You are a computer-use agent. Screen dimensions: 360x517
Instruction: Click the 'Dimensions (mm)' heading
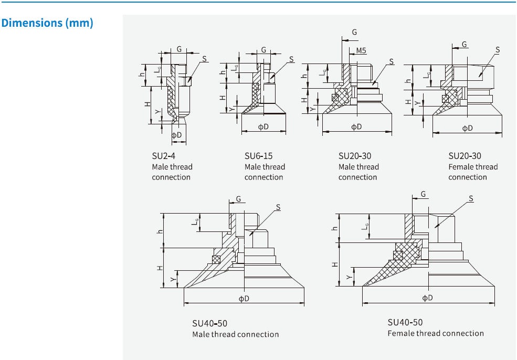(48, 23)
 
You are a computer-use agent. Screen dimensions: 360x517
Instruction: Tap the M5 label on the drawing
(361, 51)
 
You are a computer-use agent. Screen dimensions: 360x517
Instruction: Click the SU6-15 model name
(258, 156)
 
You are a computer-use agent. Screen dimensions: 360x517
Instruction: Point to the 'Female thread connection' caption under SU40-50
(436, 333)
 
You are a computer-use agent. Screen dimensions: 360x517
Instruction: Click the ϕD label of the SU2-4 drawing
(177, 135)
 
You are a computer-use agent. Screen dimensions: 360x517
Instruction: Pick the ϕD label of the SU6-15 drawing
(263, 127)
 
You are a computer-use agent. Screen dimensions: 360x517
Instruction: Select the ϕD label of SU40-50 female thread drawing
(428, 298)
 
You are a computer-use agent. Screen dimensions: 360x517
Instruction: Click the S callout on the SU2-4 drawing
(204, 58)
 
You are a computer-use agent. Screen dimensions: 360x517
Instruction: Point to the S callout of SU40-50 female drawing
(471, 198)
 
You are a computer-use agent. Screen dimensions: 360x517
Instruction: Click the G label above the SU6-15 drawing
(263, 50)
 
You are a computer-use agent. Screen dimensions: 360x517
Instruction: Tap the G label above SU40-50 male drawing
(238, 199)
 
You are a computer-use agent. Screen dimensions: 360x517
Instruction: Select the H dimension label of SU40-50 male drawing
(160, 268)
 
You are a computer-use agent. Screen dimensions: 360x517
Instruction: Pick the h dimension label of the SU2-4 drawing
(141, 75)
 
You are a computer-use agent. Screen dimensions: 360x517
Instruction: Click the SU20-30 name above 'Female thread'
(465, 156)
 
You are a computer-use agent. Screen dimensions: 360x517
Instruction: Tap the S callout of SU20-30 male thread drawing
(391, 61)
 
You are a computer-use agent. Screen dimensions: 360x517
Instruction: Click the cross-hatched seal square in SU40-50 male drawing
(216, 259)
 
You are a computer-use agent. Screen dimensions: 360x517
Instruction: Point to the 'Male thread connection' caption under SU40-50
(235, 334)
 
